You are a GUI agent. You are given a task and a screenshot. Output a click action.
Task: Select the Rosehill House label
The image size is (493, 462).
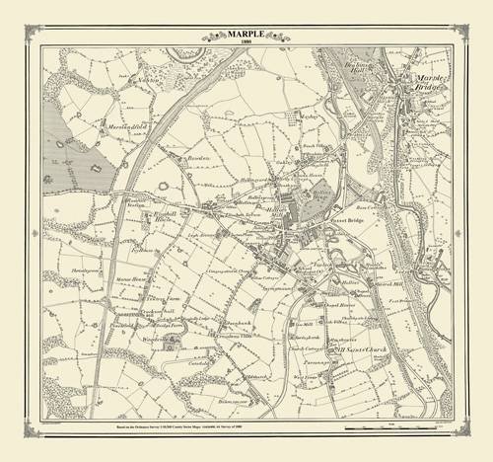pos(141,215)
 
